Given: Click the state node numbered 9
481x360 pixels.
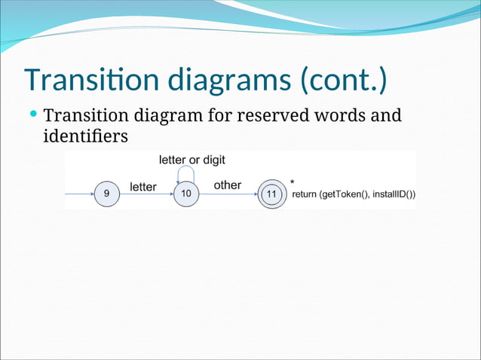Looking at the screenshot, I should click(x=106, y=194).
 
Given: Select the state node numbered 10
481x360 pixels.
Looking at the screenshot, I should click(x=186, y=194).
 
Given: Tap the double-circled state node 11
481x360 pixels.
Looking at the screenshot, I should click(x=271, y=194).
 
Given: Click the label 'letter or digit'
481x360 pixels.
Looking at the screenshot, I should click(x=191, y=160).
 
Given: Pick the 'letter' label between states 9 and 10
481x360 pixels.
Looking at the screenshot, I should click(x=143, y=186).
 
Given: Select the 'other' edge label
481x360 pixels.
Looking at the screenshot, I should click(x=228, y=185).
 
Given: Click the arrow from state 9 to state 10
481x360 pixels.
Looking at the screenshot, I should click(x=146, y=194).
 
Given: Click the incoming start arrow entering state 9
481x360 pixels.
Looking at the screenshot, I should click(x=79, y=194).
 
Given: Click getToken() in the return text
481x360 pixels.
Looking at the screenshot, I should click(x=348, y=194).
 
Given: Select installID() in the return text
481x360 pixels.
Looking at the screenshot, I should click(x=394, y=194).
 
